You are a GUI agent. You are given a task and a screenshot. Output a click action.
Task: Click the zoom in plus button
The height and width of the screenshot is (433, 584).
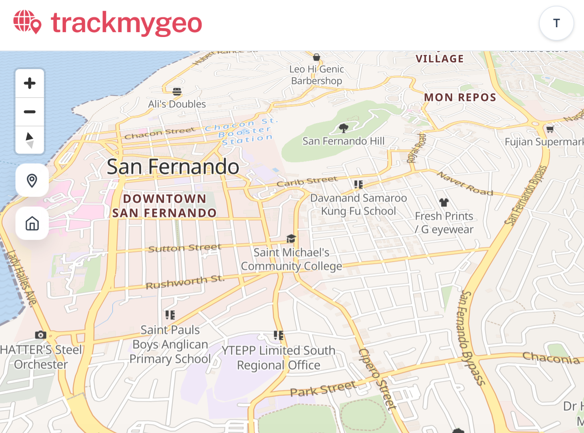point(30,83)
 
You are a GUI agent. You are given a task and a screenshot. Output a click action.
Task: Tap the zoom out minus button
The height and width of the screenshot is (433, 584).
point(30,112)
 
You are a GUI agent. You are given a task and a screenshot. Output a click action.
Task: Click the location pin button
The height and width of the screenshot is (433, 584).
point(32,181)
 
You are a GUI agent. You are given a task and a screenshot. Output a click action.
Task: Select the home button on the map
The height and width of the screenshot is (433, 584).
point(32,223)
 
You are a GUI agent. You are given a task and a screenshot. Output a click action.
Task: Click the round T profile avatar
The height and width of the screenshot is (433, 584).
point(556,23)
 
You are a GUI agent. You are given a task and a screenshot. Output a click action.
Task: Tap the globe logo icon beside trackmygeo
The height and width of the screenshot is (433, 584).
point(27,22)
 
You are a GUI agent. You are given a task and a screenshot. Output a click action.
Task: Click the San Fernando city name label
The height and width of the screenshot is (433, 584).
point(173,167)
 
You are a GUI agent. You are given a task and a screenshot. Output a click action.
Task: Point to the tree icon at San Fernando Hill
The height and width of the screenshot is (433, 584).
point(344,128)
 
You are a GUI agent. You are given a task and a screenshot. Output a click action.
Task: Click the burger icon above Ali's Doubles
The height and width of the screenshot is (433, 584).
point(177,91)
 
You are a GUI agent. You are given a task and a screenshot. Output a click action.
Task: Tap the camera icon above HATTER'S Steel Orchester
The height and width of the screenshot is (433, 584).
point(40,335)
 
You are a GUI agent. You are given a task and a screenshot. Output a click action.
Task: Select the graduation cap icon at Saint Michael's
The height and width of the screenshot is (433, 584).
point(291,238)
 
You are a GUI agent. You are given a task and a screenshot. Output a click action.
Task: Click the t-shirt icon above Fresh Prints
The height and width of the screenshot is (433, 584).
point(444,202)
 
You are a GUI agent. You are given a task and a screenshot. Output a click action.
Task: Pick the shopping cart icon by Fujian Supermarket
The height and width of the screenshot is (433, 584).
point(550,129)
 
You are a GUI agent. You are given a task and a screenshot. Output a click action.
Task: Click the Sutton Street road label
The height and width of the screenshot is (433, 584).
point(185,248)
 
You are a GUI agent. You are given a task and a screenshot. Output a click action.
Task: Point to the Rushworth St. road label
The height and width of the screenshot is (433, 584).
point(185,282)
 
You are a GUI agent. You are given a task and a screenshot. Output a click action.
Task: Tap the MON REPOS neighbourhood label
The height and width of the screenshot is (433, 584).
point(460,98)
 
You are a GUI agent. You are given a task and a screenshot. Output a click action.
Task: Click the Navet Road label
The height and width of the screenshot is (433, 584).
point(465,183)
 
